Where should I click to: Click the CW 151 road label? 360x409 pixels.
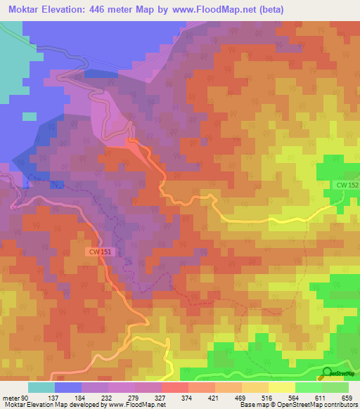[x=100, y=251]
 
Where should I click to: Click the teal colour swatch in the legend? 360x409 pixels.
[x=41, y=387]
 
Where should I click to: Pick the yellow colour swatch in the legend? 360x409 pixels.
[x=281, y=387]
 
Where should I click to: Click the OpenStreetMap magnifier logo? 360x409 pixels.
[x=326, y=373]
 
